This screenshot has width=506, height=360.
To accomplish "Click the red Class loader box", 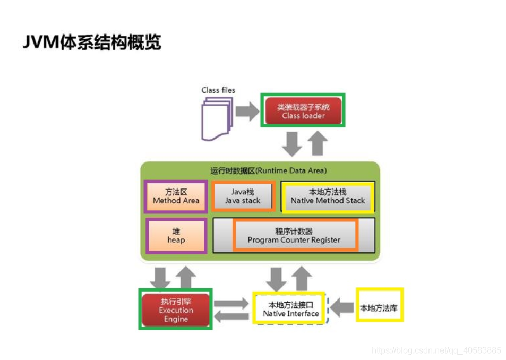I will click(x=303, y=110).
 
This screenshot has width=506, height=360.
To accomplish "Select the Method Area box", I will click(x=176, y=196).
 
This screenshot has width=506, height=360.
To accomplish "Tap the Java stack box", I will click(x=243, y=196).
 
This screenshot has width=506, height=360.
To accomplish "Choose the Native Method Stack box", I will click(x=328, y=196).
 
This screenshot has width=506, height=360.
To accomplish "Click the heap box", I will click(x=176, y=235).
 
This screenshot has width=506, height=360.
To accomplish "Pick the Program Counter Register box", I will click(x=294, y=235).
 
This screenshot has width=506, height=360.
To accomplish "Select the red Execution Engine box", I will click(x=176, y=309).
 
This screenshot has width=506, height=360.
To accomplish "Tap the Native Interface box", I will click(x=290, y=309).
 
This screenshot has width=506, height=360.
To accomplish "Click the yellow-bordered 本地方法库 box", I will click(x=379, y=306).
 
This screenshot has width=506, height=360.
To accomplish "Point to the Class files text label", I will click(x=218, y=90).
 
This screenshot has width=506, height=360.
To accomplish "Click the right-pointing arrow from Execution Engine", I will click(x=231, y=303).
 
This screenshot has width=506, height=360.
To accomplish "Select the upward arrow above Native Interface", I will click(x=302, y=278).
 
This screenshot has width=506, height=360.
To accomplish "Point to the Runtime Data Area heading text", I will click(x=268, y=170).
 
